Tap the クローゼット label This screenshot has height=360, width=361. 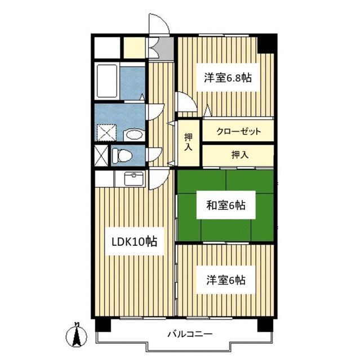coord(238,132)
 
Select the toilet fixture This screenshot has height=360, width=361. coord(121,154)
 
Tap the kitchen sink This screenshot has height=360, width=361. coord(133,179)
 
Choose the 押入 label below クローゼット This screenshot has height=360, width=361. coord(238,155)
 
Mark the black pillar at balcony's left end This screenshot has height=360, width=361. coord(100,325)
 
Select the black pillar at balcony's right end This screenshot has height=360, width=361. coord(264,325)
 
